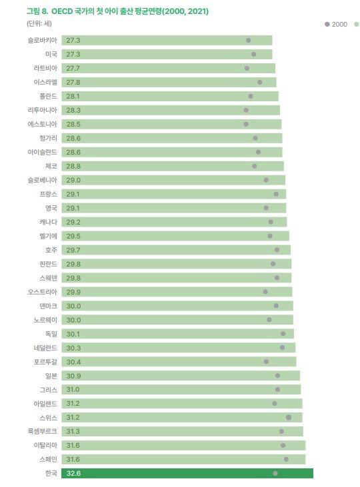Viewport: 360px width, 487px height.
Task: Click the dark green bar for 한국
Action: [x=187, y=473]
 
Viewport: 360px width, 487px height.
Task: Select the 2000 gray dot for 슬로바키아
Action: [x=248, y=41]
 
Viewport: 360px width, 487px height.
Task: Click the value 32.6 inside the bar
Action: [x=73, y=473]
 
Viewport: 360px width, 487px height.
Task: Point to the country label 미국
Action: [x=51, y=54]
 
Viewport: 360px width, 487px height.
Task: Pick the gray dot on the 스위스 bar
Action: [x=289, y=417]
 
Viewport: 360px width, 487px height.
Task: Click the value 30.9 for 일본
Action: [x=73, y=376]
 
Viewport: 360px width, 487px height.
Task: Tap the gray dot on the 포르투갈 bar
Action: [x=266, y=362]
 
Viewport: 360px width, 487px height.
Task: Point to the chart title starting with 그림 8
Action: [x=107, y=11]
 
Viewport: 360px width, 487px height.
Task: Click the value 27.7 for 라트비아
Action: [x=73, y=68]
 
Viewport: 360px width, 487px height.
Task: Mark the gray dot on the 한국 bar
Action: [x=275, y=473]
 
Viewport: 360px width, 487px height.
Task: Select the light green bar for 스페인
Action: [x=183, y=459]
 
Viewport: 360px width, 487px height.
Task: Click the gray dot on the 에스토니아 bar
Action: [x=246, y=124]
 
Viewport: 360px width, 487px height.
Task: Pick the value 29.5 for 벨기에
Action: [x=73, y=236]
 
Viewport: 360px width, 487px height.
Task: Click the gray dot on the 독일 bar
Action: [x=283, y=334]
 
